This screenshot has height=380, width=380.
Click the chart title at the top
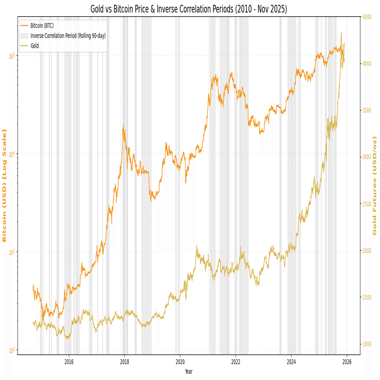[189, 9]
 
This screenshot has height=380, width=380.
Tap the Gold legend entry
[34, 46]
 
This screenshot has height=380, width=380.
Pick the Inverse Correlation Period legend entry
[67, 36]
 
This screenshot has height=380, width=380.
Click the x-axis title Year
[189, 371]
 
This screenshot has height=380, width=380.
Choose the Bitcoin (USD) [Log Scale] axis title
[5, 185]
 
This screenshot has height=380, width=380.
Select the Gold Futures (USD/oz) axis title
[375, 185]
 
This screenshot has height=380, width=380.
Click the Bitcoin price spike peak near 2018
[123, 126]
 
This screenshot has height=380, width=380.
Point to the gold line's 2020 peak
[196, 246]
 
